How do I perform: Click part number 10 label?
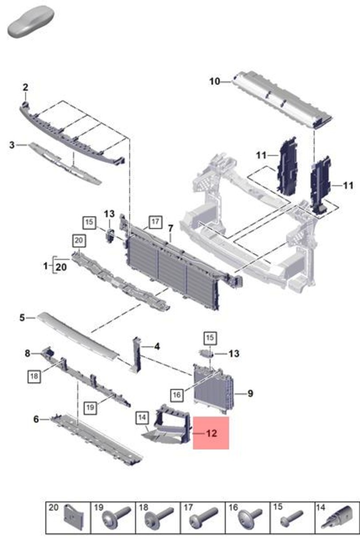(x=215, y=81)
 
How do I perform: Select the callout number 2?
(x=25, y=87)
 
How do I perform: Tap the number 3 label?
(x=13, y=145)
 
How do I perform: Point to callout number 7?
(x=171, y=228)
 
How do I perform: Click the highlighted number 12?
(x=211, y=433)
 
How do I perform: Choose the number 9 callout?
(x=250, y=393)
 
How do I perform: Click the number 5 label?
(x=22, y=317)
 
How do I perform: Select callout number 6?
(x=36, y=419)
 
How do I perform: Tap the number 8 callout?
(x=27, y=353)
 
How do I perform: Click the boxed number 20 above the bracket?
(x=78, y=241)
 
